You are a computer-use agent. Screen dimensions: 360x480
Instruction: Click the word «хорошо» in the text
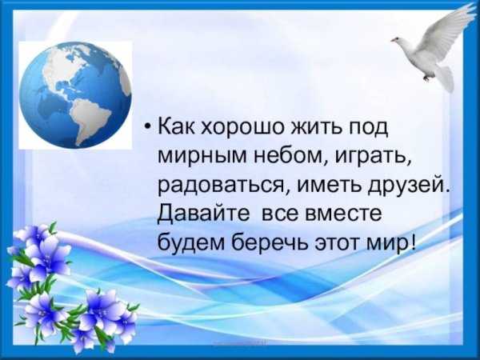tap(233, 126)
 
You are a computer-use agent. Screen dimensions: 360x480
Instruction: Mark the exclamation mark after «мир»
tap(412, 242)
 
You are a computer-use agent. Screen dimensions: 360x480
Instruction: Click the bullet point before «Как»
tap(146, 126)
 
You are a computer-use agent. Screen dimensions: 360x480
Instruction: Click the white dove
tap(432, 52)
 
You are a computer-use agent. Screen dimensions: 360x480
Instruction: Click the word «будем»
tap(186, 242)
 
